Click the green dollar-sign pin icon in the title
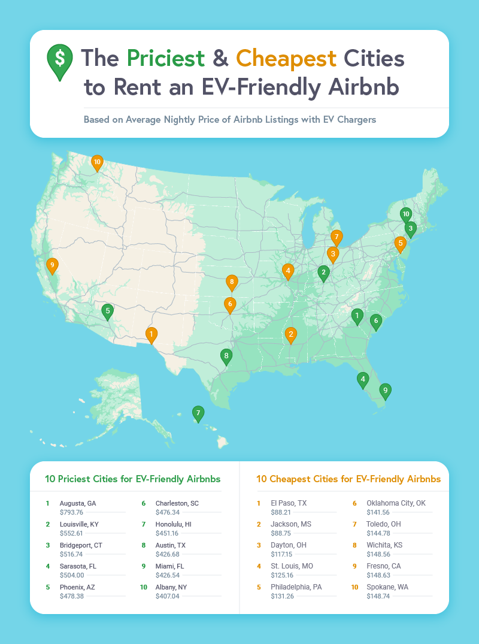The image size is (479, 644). click(59, 61)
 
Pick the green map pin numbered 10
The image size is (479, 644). click(405, 214)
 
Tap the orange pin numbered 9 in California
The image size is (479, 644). click(53, 265)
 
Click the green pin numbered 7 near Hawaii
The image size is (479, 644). click(198, 413)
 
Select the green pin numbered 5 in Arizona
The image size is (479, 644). click(107, 310)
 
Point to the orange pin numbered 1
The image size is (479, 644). click(151, 334)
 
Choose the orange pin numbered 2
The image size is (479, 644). click(291, 334)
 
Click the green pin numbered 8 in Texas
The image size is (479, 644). click(226, 356)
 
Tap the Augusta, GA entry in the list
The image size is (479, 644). click(78, 503)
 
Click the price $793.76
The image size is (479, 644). click(71, 512)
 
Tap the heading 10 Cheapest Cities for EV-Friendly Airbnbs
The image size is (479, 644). click(348, 479)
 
